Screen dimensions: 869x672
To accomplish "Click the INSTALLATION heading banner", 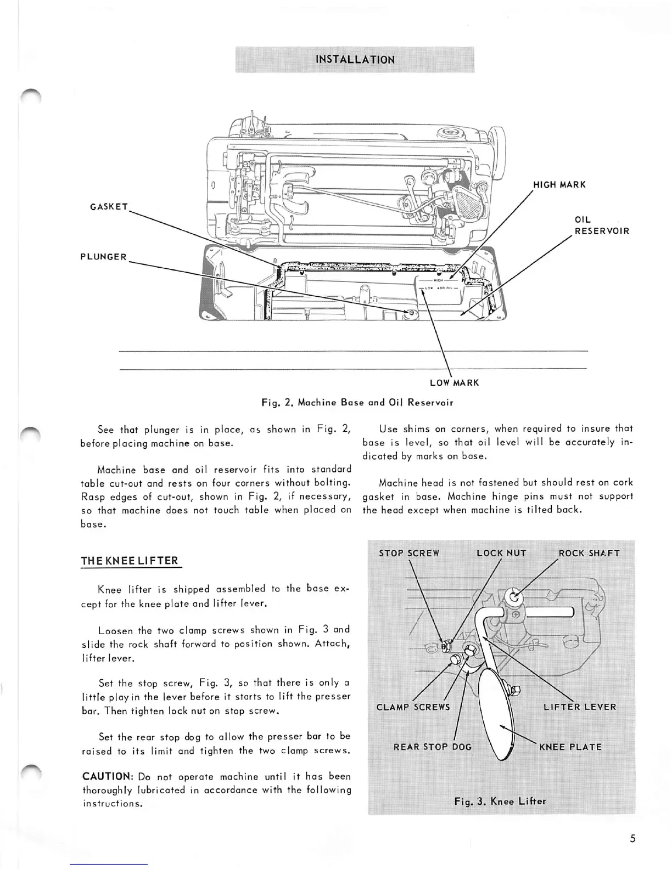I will (x=355, y=60).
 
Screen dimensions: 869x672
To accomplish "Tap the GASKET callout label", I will (x=109, y=207).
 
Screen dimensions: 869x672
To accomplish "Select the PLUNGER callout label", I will (x=103, y=257).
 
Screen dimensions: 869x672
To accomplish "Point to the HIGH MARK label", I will (x=559, y=184).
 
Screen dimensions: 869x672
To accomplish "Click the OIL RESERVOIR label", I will (x=601, y=225).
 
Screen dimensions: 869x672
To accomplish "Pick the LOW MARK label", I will (x=454, y=382).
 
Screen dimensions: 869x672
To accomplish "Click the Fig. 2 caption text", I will (x=357, y=403).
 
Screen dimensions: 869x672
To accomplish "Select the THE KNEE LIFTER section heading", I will (x=130, y=561).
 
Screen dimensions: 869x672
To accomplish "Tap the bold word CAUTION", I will (x=108, y=776).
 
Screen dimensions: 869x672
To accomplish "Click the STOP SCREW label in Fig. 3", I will (x=409, y=553).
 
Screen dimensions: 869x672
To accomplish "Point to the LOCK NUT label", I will (x=501, y=553).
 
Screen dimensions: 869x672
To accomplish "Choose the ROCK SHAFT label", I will (x=589, y=553).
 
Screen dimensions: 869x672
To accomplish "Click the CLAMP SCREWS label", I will (x=413, y=707).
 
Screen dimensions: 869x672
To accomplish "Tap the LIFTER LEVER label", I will (x=580, y=707).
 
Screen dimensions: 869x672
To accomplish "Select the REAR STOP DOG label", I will (x=433, y=747).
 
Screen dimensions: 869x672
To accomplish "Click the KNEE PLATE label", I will (x=570, y=747).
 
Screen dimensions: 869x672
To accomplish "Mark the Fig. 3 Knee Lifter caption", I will (x=500, y=801).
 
